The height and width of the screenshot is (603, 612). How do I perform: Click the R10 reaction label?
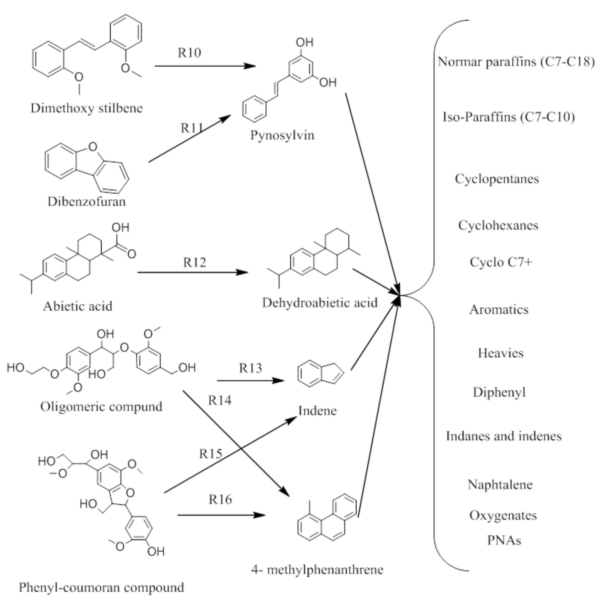pos(189,53)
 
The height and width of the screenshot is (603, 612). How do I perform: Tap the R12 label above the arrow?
pos(194,262)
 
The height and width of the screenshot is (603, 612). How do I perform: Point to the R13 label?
pos(250,368)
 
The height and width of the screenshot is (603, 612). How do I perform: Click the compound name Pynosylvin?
pos(282,135)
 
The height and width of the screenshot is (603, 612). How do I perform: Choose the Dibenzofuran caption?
pos(87,201)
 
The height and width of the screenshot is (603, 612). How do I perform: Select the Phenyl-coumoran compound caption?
pos(101,588)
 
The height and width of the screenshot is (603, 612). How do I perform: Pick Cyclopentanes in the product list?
pos(497,179)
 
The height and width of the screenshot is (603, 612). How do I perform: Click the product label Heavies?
pos(501,353)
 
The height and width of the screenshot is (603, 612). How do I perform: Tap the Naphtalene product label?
pos(500,485)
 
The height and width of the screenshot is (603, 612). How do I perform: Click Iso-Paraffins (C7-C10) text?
pos(508,117)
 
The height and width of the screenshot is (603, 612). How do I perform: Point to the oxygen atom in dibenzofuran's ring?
pos(92,147)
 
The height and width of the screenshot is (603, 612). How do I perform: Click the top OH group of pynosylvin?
pos(304,42)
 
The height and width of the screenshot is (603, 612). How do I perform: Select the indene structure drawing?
pos(320,374)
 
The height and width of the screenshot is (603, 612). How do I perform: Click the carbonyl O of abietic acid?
pos(131,254)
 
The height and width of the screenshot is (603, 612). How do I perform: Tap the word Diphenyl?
pos(499,392)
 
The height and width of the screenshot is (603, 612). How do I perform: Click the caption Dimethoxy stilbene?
pos(87,108)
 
